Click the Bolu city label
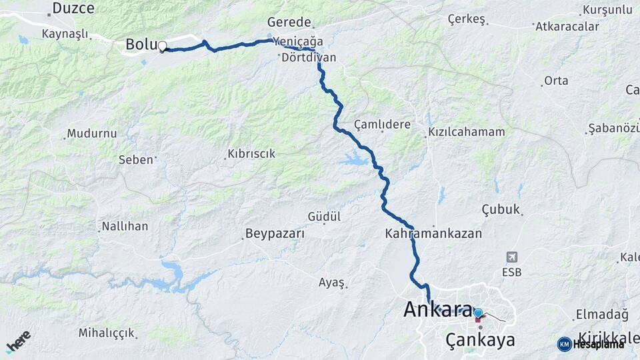[x=141, y=45]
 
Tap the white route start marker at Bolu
[x=162, y=46]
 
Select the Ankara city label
[x=437, y=309]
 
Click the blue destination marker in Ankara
[x=478, y=312]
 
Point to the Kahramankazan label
[x=433, y=234]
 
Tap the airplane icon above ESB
[x=511, y=257]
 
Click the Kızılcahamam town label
[x=467, y=132]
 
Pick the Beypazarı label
[x=275, y=234]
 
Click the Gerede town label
[x=289, y=22]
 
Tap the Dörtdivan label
[x=309, y=58]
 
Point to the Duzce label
[x=73, y=8]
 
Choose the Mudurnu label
[x=92, y=133]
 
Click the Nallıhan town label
[x=125, y=227]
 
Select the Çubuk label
[x=500, y=209]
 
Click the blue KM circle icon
[x=564, y=344]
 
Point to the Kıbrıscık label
[x=251, y=154]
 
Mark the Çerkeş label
[x=466, y=19]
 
